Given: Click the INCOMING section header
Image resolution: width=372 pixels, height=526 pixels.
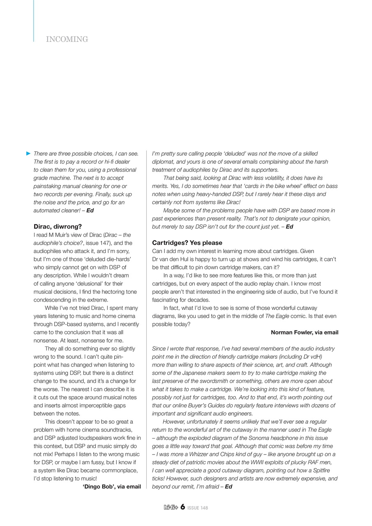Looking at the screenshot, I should (x=67, y=39).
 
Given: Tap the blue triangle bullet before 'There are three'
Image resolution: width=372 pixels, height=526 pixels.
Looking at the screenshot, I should (x=28, y=153).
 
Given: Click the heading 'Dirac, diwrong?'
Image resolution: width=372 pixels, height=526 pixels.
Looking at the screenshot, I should (x=58, y=226).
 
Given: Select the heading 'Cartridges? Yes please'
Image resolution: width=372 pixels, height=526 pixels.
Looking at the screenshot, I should (x=187, y=243).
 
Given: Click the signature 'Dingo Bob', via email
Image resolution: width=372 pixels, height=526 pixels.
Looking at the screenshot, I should (x=112, y=487).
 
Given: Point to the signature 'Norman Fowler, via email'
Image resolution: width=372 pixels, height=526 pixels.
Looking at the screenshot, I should (x=305, y=332).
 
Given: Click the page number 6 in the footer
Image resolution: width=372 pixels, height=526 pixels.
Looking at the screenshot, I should (x=183, y=507).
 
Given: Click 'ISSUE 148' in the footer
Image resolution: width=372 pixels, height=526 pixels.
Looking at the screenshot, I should (x=198, y=508).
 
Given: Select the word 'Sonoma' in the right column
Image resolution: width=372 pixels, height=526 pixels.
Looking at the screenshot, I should (x=256, y=438).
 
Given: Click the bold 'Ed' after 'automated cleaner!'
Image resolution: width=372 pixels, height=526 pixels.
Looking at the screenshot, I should (x=90, y=210).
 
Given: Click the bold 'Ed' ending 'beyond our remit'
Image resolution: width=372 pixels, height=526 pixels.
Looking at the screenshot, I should (x=229, y=487).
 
